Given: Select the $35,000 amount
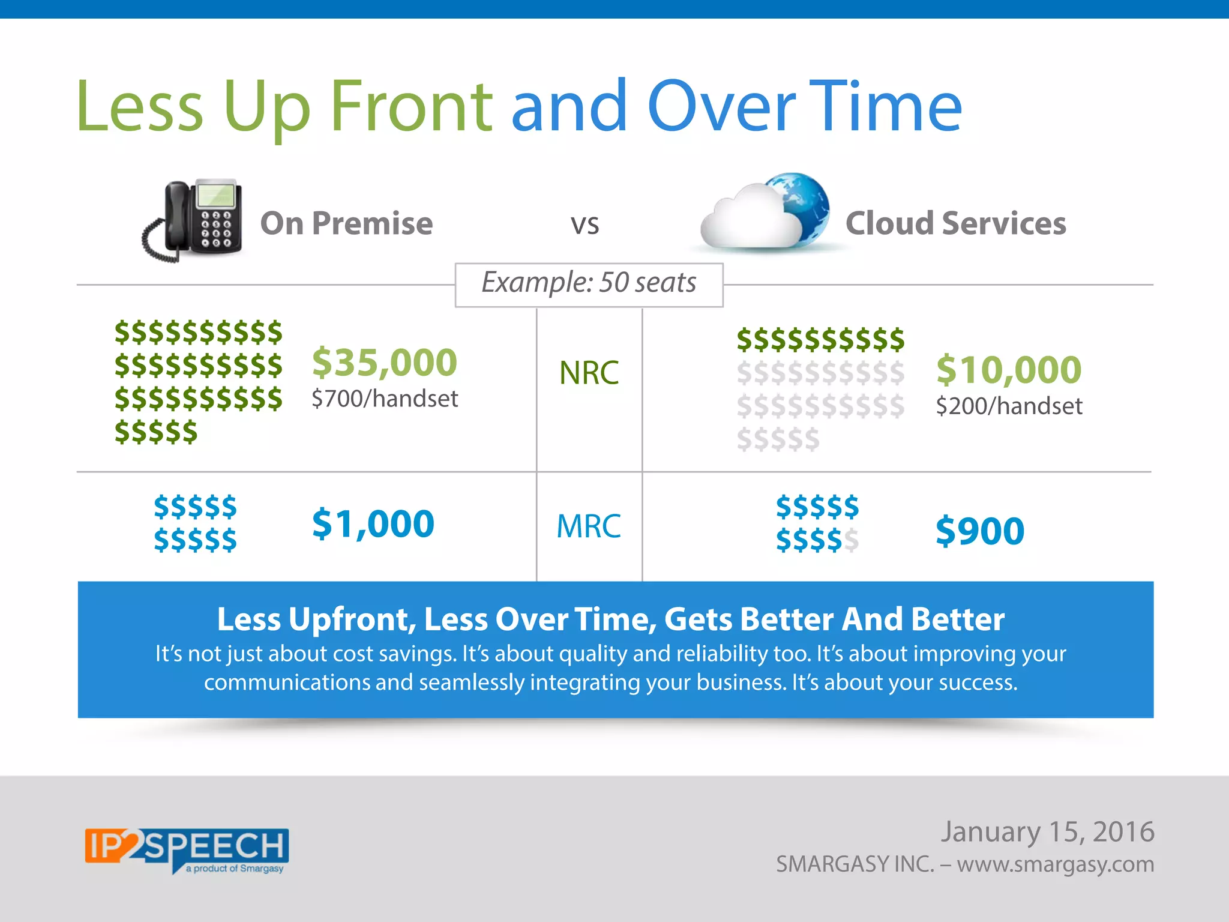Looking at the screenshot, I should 385,362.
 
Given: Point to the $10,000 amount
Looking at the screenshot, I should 1009,369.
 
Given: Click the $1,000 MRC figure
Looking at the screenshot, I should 373,523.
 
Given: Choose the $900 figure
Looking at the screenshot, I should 980,531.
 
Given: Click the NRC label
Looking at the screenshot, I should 589,373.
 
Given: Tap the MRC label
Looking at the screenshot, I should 589,526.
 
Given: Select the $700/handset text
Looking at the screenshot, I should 385,399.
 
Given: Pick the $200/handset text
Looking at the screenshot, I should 1009,406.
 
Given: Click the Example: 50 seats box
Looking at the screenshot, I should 589,283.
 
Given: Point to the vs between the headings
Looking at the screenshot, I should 584,224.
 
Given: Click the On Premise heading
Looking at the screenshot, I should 346,223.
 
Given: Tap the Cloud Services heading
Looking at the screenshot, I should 955,223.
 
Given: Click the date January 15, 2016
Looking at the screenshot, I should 1047,832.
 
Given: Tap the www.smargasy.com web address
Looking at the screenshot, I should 1055,864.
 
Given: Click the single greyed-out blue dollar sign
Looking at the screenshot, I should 851,540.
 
